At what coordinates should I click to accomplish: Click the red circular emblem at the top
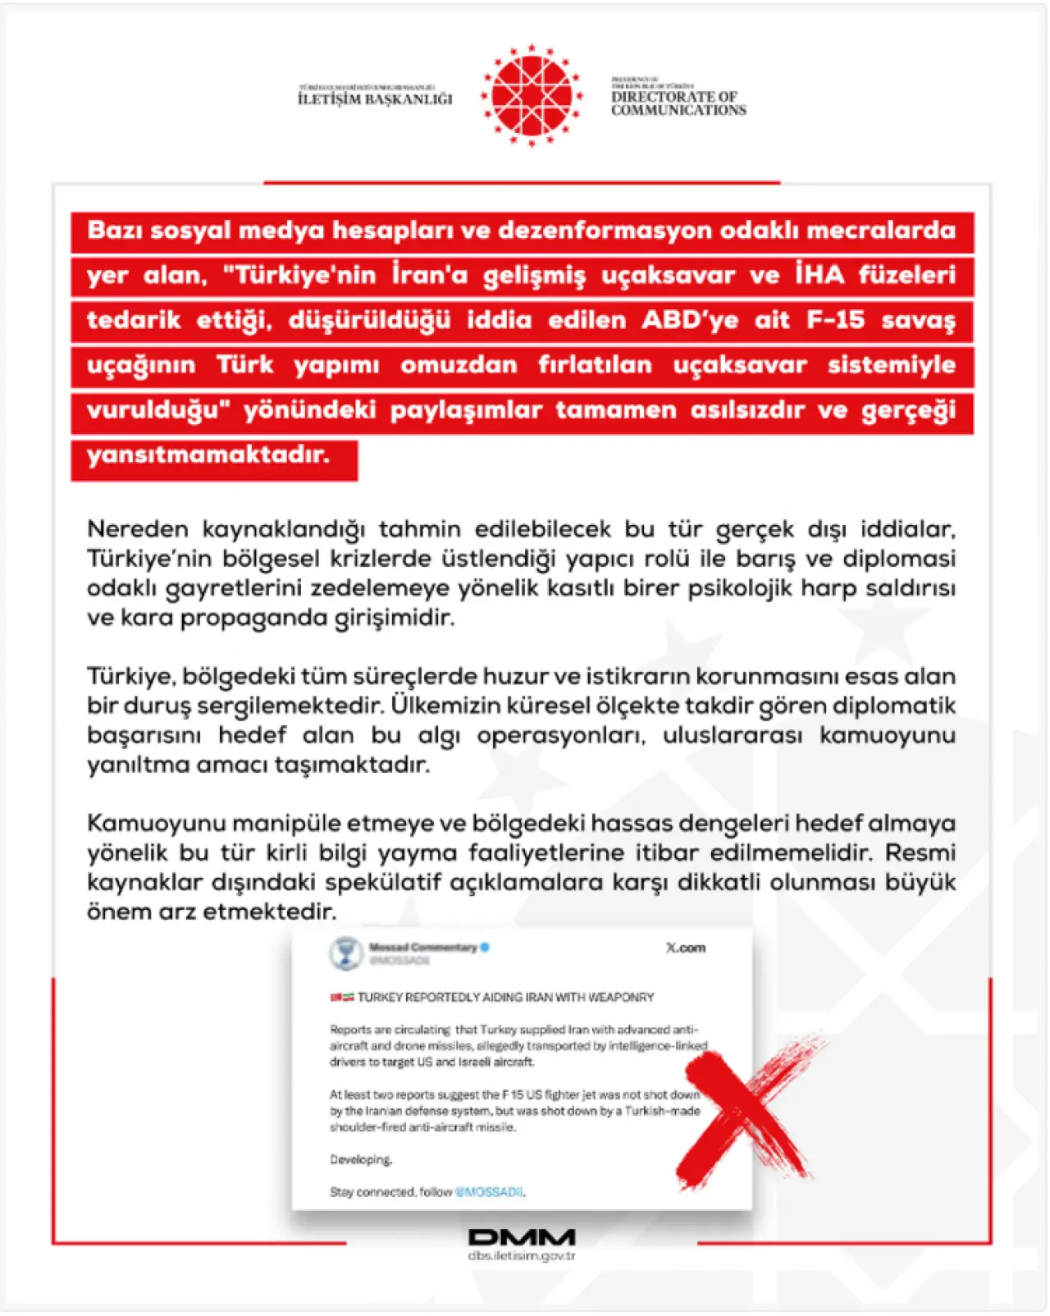[532, 95]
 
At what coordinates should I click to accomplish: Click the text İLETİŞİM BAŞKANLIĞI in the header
[375, 98]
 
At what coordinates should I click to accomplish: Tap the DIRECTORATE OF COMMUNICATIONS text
[678, 103]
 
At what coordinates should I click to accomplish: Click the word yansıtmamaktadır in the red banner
[208, 454]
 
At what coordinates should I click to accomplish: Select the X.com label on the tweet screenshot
[685, 948]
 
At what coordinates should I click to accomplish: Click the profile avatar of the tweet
[345, 953]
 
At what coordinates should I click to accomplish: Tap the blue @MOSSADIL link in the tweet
[489, 1192]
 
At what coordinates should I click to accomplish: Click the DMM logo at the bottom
[522, 1236]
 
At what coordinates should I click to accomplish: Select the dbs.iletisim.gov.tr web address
[522, 1256]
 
